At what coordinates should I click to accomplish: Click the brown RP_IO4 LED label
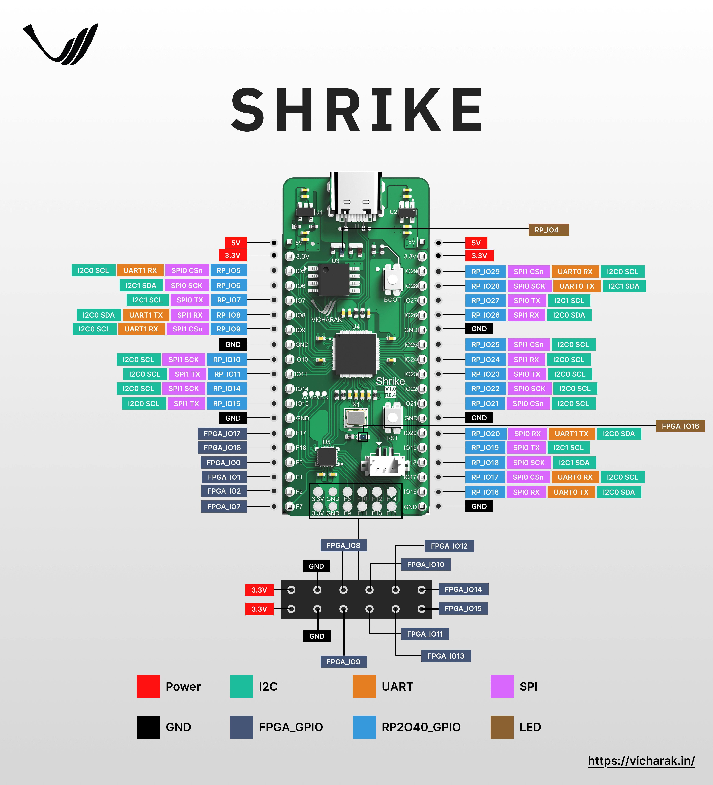(548, 230)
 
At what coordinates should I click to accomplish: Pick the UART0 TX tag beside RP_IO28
(577, 286)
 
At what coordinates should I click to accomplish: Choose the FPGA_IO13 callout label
(446, 656)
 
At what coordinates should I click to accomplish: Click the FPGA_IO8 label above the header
(343, 545)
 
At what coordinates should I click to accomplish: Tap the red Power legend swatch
(148, 686)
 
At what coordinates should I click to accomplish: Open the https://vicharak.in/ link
(641, 760)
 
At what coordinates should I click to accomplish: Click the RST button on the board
(392, 418)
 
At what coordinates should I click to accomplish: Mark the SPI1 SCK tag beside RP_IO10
(183, 359)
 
